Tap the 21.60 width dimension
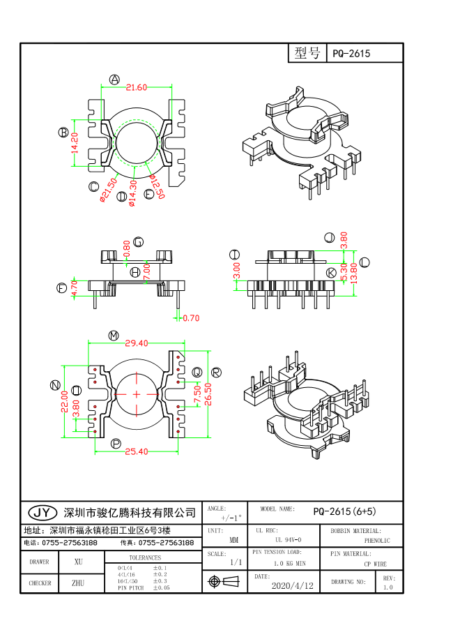pos(136,87)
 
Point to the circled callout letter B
pos(63,133)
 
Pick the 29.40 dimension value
pos(136,343)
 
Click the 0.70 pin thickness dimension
pos(191,318)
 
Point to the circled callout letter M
pos(114,336)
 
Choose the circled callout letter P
pos(116,444)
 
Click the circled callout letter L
pos(364,262)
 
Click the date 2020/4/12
pos(292,586)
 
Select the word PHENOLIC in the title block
pos(377,541)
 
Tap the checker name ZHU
pos(78,583)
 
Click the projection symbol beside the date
pos(215,581)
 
